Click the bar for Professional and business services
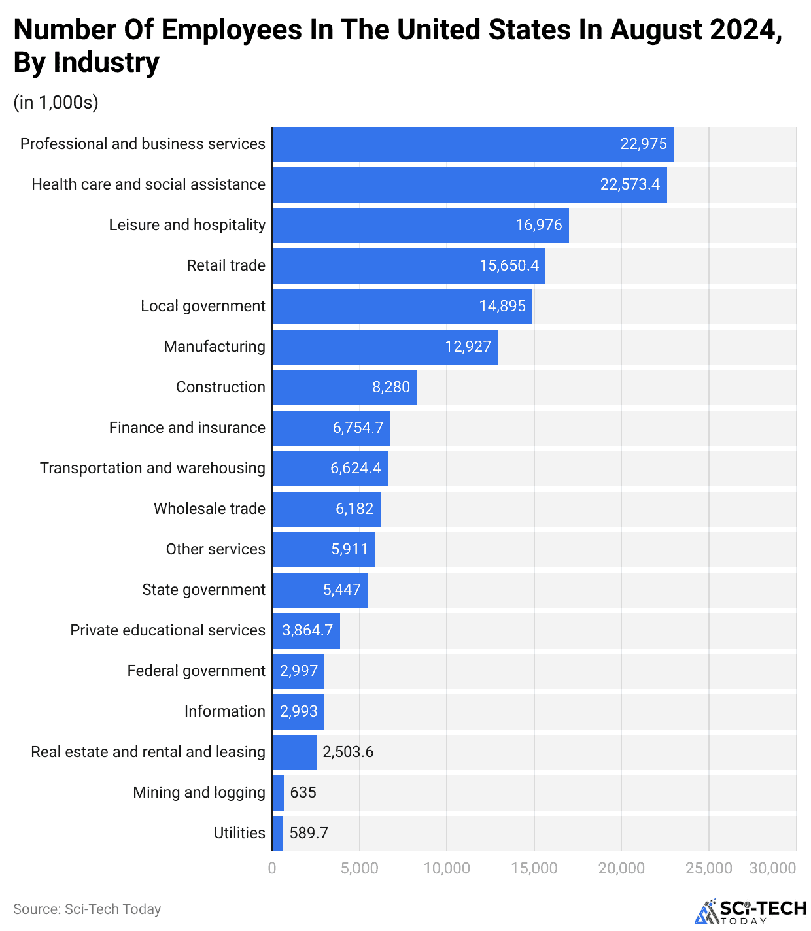472,144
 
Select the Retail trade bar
408,266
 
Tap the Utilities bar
277,834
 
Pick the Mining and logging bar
278,793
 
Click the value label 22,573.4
630,185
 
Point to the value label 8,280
391,388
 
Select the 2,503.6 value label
348,753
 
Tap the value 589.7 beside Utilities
309,834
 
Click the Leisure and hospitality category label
187,226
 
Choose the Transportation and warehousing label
152,469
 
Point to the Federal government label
196,671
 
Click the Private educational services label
167,631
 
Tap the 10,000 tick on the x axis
447,869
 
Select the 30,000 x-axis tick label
772,869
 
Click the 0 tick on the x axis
272,869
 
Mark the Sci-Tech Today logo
750,912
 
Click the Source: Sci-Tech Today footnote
87,909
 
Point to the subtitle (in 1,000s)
56,103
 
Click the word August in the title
662,30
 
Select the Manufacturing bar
385,347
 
